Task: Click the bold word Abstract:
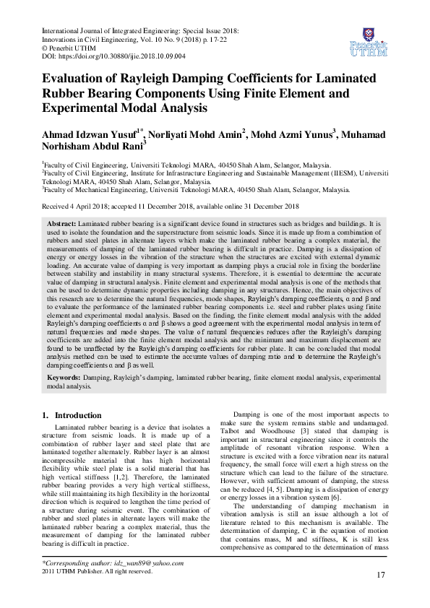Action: pyautogui.click(x=61, y=225)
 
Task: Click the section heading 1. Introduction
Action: pyautogui.click(x=72, y=416)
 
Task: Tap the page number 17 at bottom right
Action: pyautogui.click(x=381, y=574)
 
